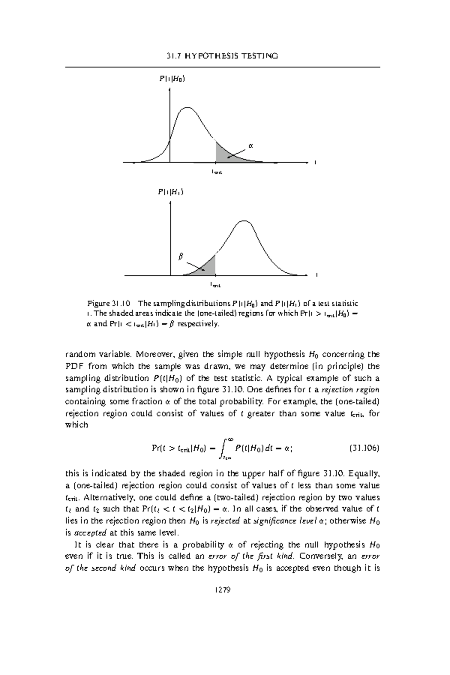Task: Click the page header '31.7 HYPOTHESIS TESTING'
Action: [x=222, y=56]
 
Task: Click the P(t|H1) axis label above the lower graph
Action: [x=171, y=192]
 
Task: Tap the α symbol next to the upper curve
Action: [x=251, y=145]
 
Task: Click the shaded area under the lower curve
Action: [x=208, y=267]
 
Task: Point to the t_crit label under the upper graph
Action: [x=216, y=172]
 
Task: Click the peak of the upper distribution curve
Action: [x=187, y=108]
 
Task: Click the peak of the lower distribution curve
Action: [x=244, y=221]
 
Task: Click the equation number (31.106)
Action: [x=364, y=448]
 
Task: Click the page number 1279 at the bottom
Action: [x=222, y=590]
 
